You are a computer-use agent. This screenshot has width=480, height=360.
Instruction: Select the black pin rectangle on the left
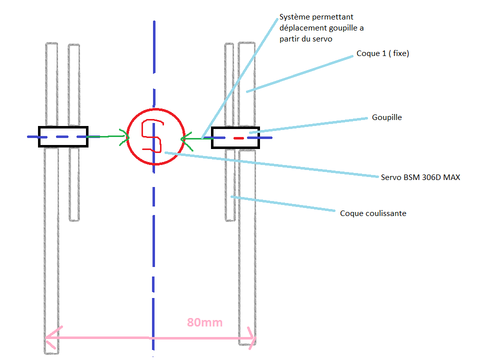[x=63, y=136]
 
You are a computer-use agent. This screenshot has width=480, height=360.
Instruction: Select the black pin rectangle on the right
[x=235, y=137]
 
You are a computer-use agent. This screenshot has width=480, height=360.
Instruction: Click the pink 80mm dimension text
[x=204, y=322]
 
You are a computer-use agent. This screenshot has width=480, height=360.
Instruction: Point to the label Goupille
[x=386, y=117]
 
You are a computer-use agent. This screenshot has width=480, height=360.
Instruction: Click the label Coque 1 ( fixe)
[x=382, y=53]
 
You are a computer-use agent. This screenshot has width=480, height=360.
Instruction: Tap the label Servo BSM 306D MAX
[x=420, y=177]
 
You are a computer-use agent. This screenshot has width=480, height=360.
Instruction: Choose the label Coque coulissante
[x=373, y=213]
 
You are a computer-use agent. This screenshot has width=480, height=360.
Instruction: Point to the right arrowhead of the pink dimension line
[x=253, y=339]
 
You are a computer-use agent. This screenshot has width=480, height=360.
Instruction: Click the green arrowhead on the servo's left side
[x=124, y=136]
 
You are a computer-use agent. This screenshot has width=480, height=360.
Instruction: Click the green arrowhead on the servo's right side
[x=185, y=138]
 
